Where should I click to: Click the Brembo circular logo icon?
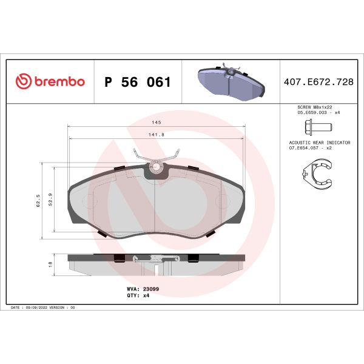22,82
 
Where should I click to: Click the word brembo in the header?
58,82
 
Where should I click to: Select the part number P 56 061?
138,82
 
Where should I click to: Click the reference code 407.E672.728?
319,82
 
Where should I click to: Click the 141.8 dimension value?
157,134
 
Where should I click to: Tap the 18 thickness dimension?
50,264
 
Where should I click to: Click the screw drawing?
316,127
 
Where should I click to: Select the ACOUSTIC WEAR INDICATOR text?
320,142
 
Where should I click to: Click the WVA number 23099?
150,290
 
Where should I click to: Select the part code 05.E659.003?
309,112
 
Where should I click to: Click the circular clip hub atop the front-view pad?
157,166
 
